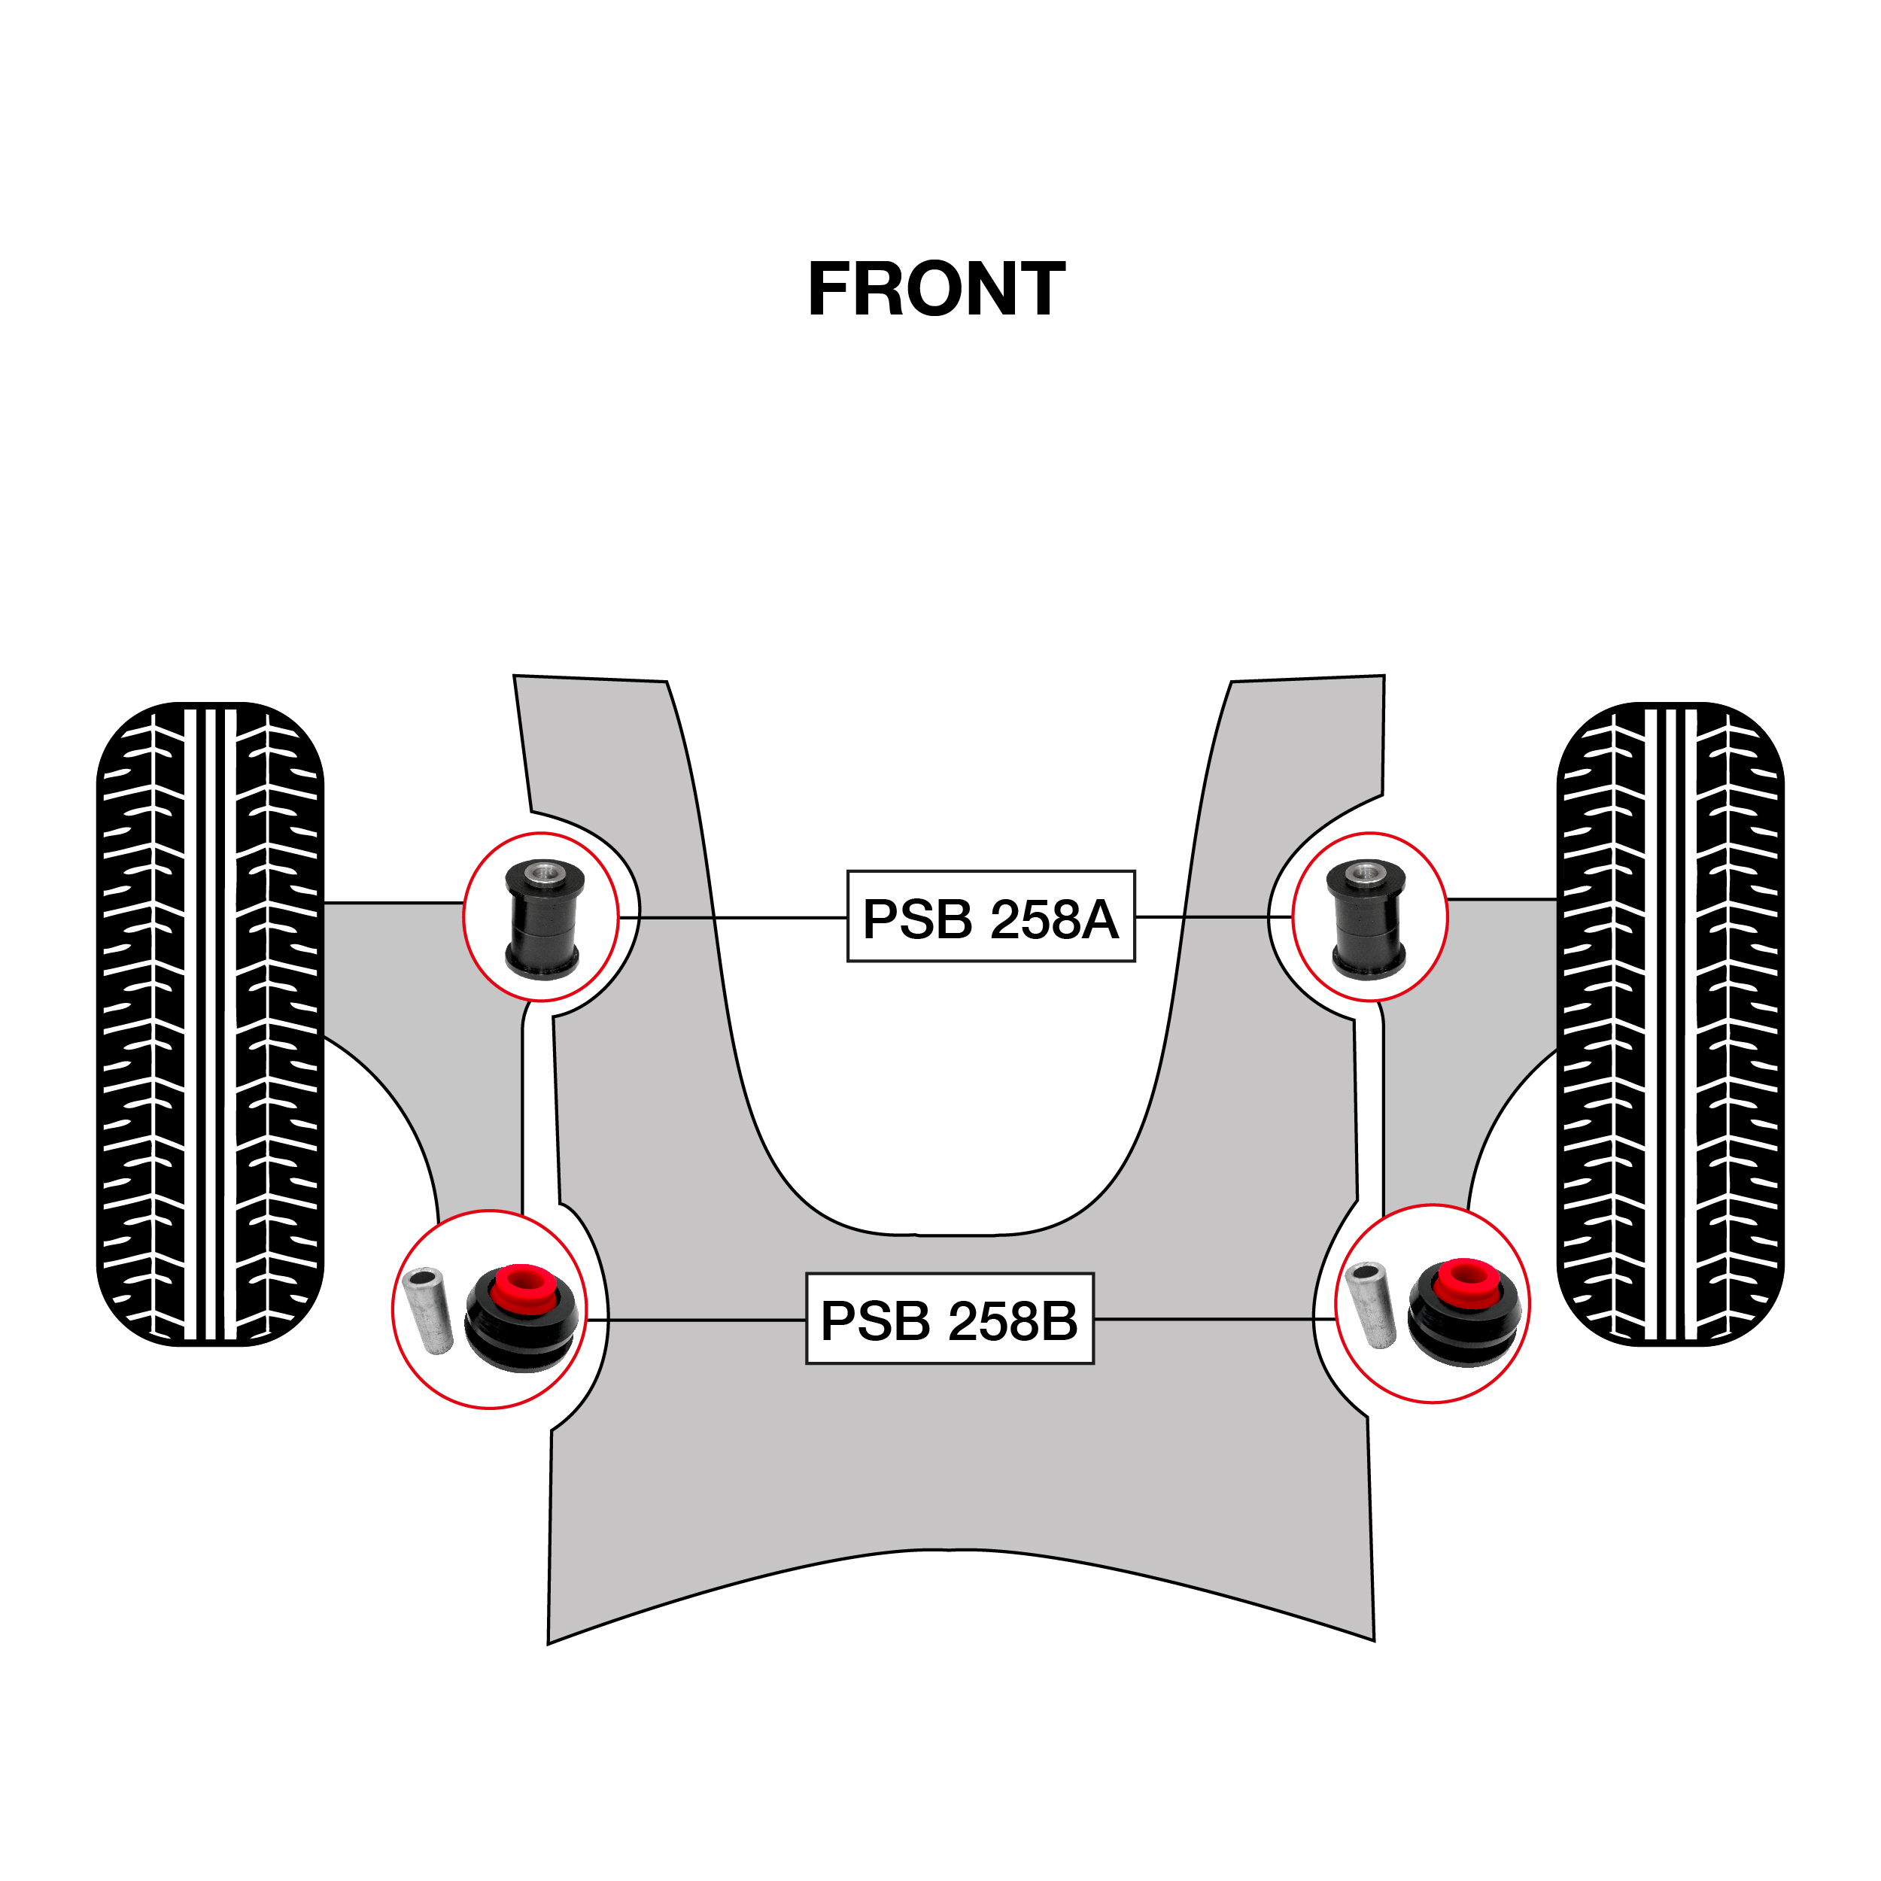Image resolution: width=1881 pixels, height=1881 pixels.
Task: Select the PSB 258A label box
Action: (990, 916)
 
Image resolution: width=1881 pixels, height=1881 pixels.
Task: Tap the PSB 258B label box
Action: (950, 1318)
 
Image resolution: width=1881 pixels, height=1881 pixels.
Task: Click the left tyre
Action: (211, 1023)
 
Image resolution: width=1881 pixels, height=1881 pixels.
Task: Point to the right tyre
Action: (1670, 1023)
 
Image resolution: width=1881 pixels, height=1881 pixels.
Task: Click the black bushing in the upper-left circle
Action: (542, 925)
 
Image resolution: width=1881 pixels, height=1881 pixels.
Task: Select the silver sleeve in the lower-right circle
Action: (1369, 1304)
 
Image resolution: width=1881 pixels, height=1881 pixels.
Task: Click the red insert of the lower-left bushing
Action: (524, 1287)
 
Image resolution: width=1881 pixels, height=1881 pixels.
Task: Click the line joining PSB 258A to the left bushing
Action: (730, 917)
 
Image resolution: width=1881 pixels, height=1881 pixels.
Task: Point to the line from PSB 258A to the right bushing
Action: (1212, 916)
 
